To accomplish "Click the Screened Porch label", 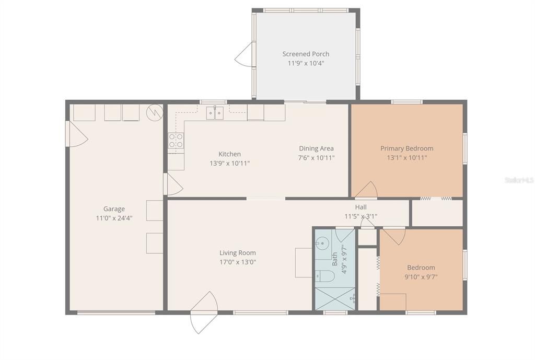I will pos(306,54).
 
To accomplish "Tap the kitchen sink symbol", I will pos(215,112).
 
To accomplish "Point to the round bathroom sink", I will pos(322,243).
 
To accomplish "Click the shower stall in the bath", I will pos(334,298).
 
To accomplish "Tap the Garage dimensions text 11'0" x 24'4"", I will pos(114,218).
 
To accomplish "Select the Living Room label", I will pos(238,253).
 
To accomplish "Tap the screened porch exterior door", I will pos(245,55).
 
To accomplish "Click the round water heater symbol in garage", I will pos(154,112).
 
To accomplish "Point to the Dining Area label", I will pos(316,148).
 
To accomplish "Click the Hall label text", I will pos(360,207).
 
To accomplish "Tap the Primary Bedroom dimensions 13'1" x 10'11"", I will pos(406,157).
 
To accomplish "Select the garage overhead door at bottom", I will pos(116,312).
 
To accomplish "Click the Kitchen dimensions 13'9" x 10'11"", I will pos(229,163).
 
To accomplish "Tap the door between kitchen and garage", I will pos(173,184).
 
